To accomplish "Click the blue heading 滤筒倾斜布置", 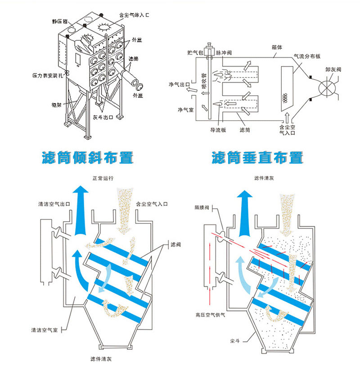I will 87,158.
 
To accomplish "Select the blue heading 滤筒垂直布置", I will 257,158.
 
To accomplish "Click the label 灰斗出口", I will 103,117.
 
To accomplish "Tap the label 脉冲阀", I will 224,53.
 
